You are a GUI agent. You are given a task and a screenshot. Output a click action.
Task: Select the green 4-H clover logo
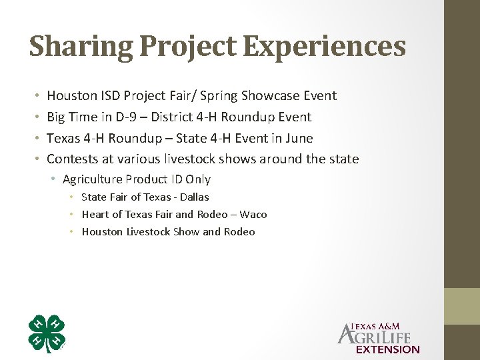coord(47,333)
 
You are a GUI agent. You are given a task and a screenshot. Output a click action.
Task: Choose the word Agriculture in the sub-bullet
coord(92,179)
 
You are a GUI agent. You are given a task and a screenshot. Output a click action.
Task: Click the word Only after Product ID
coord(198,179)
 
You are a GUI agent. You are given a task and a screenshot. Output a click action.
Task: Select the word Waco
coord(253,215)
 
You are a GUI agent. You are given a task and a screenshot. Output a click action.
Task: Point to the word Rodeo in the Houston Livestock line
coord(239,232)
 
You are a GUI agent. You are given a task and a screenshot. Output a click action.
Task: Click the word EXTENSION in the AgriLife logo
coord(388,349)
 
